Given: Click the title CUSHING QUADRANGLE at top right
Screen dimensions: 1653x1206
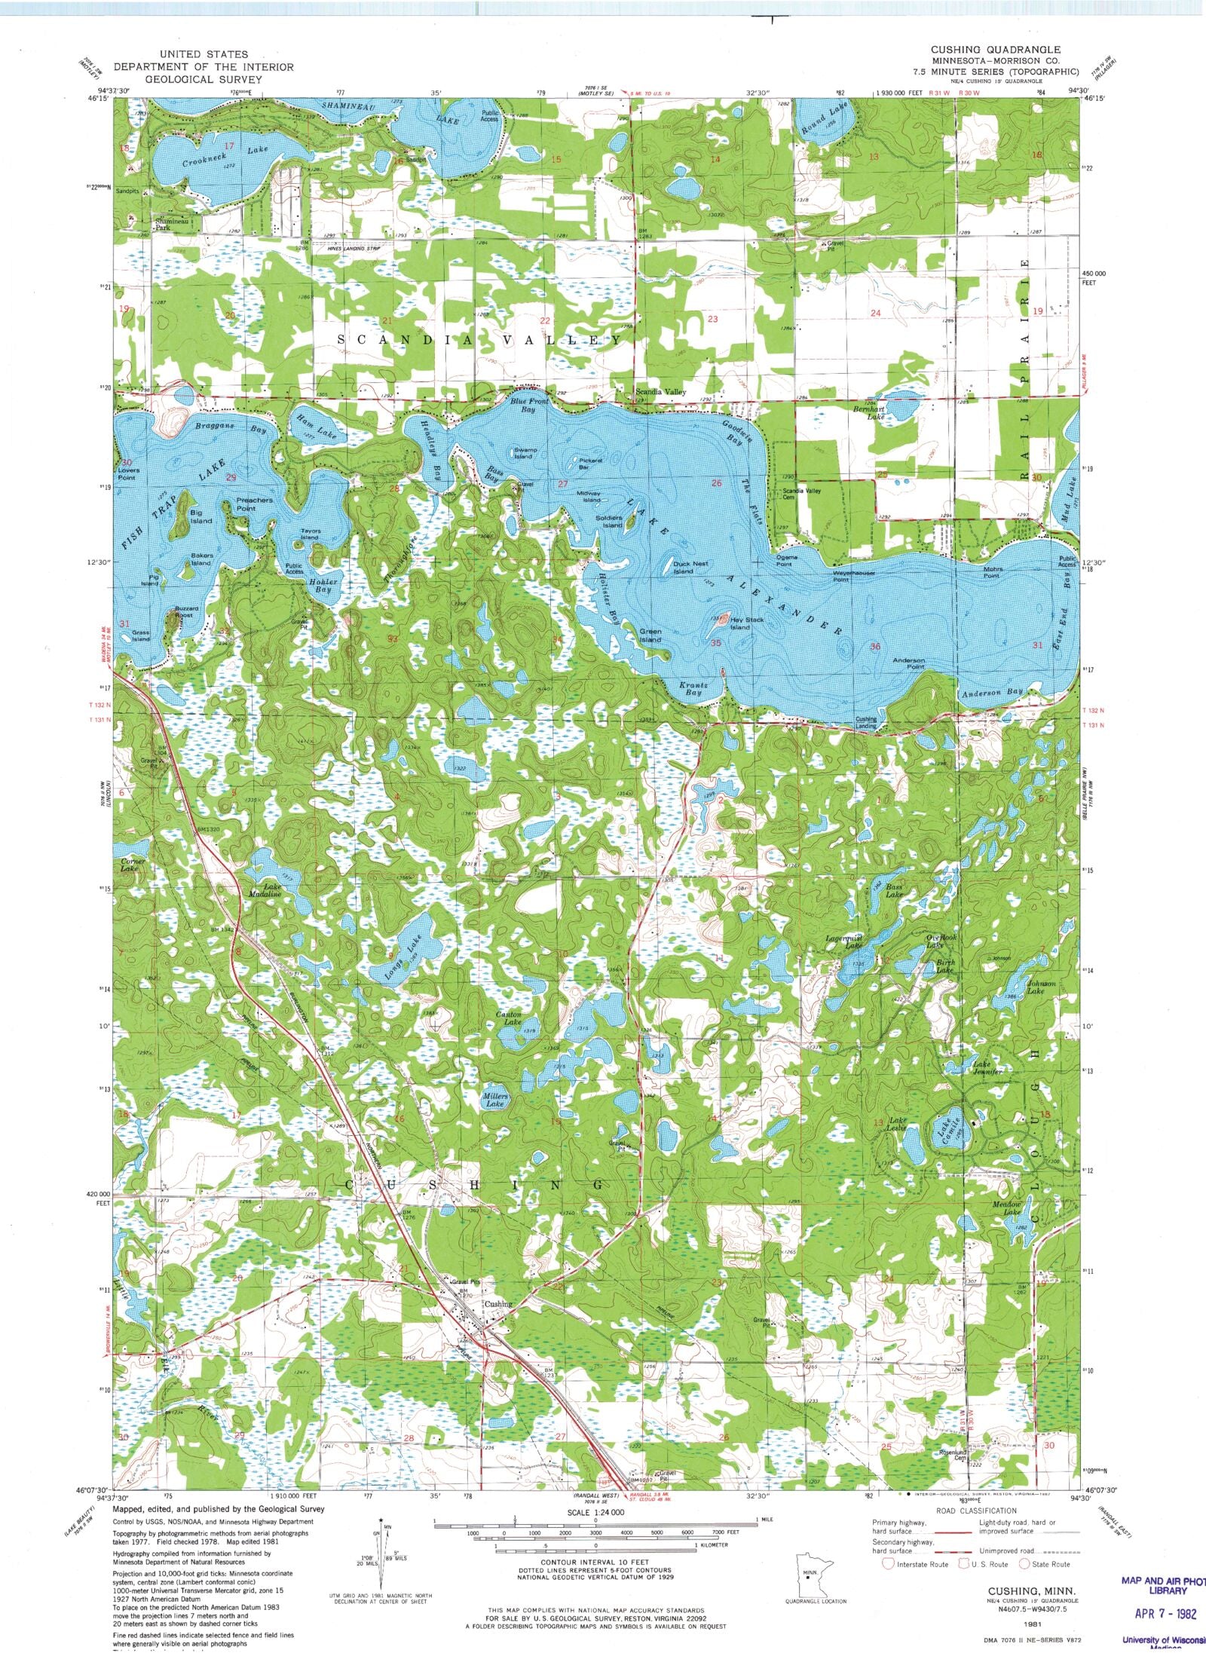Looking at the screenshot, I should click(x=995, y=49).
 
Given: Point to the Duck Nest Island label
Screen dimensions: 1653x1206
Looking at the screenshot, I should click(x=690, y=568).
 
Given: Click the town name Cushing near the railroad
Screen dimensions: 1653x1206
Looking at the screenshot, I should click(x=498, y=1303).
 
